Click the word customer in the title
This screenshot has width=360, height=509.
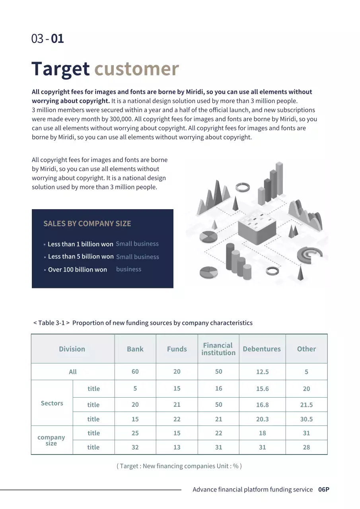136,69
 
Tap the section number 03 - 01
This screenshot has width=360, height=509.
47,39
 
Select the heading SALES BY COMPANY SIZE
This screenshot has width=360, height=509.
87,223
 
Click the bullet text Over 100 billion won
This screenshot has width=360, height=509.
78,270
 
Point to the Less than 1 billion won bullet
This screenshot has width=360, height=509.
80,244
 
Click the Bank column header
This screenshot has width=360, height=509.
135,349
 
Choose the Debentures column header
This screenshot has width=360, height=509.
262,349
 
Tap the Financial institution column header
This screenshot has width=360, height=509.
218,349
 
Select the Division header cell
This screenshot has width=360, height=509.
72,349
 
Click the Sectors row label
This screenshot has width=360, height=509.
52,403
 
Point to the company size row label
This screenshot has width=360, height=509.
51,440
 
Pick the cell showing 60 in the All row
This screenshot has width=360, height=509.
135,371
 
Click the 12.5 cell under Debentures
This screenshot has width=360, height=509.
263,372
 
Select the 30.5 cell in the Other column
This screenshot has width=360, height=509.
306,419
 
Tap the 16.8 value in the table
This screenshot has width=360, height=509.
263,405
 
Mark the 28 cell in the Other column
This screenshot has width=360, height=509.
306,447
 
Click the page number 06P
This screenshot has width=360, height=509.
324,490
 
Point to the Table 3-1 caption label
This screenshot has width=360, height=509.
52,323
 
